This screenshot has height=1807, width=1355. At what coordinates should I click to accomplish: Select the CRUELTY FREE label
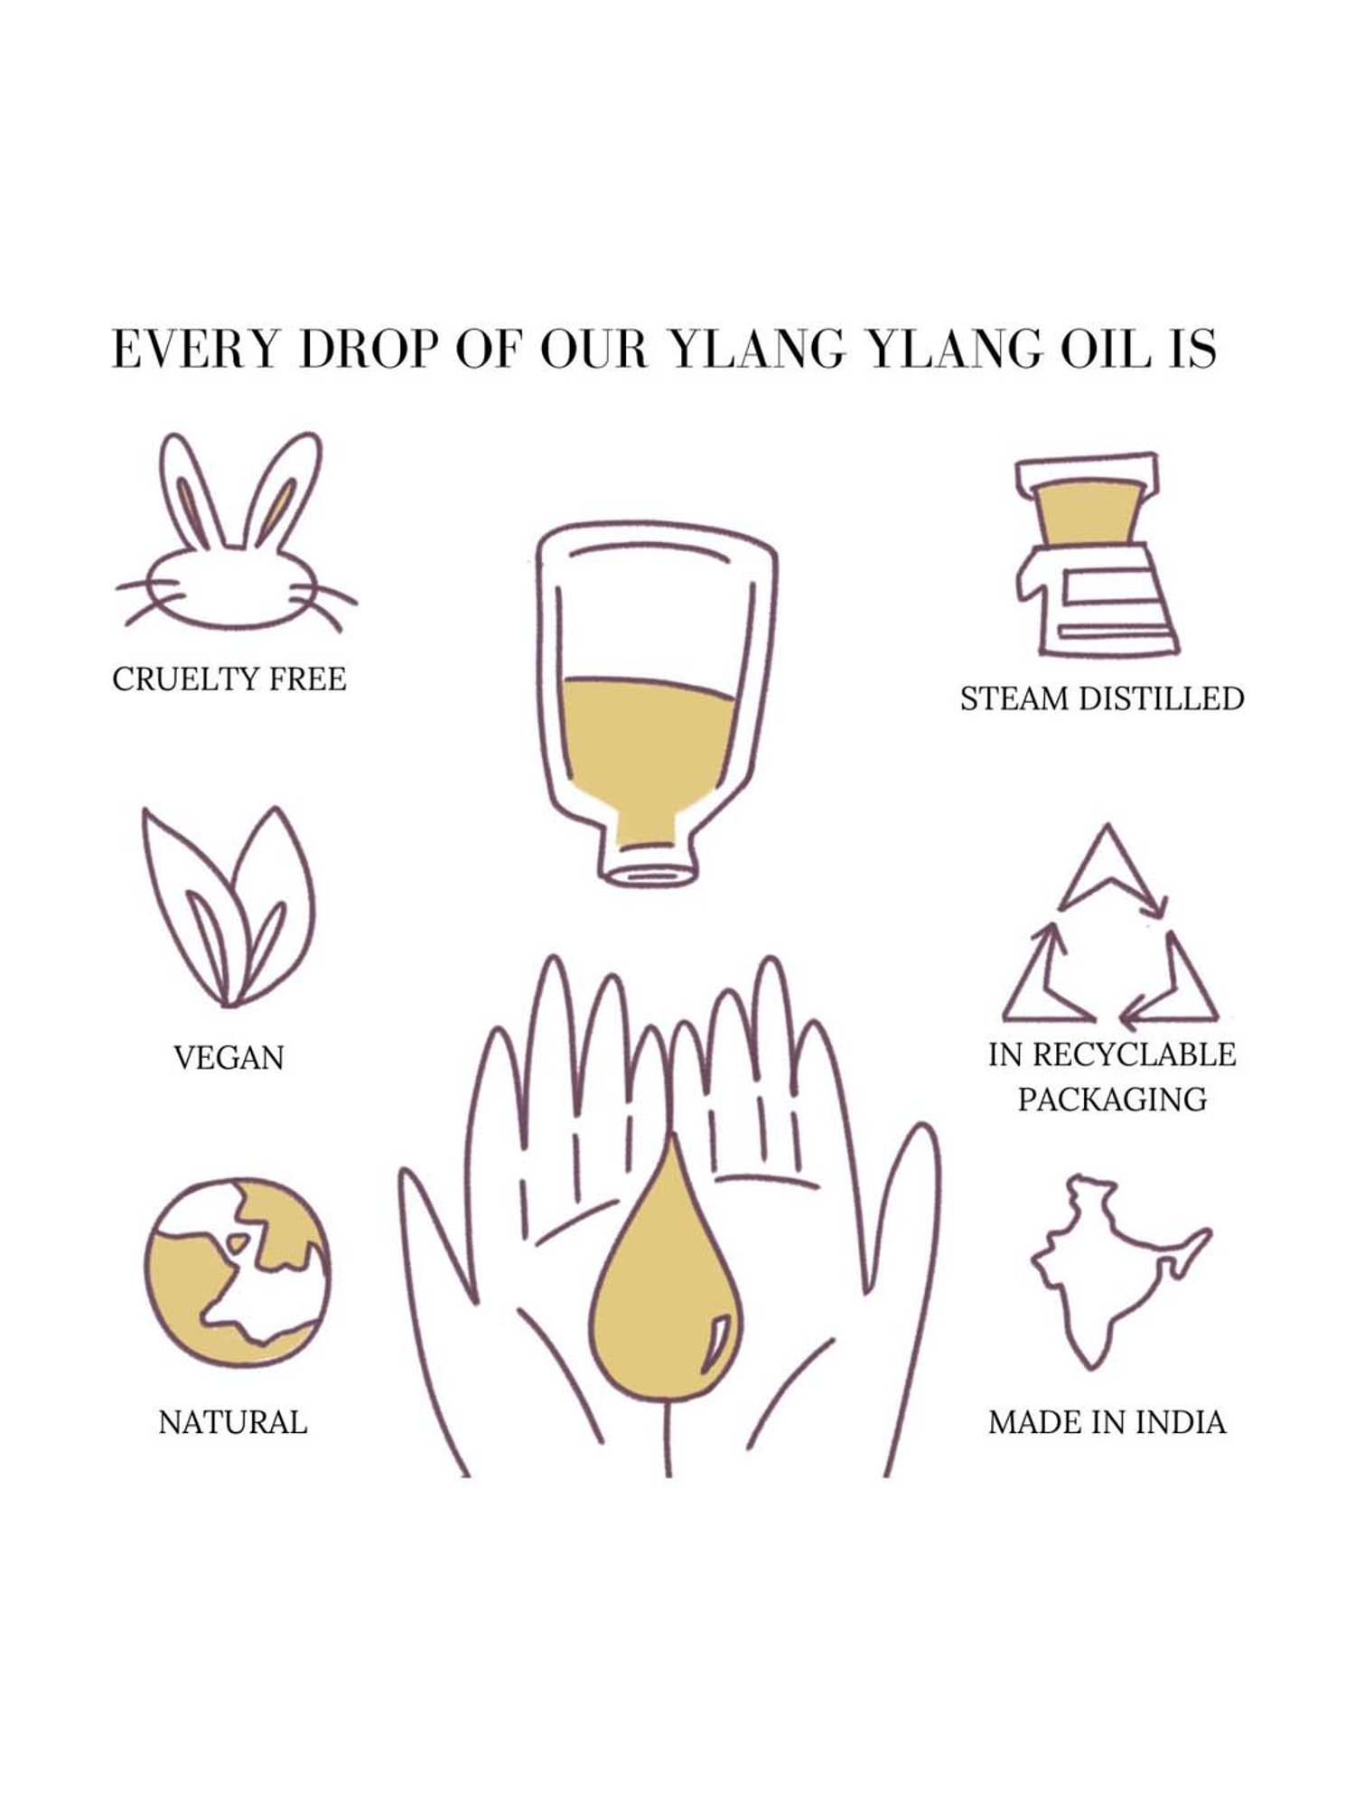click(229, 679)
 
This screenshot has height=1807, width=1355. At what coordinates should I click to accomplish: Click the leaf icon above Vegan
click(229, 906)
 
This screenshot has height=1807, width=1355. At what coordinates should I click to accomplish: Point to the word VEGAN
click(229, 1057)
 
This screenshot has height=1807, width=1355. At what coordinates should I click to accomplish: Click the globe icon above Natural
click(238, 1274)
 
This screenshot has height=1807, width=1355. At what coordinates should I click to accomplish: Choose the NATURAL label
click(233, 1423)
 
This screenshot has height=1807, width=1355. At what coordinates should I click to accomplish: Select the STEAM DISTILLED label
click(1102, 698)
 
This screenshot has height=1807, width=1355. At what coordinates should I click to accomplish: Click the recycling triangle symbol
click(1110, 926)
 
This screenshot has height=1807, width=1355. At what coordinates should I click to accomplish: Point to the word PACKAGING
click(1112, 1100)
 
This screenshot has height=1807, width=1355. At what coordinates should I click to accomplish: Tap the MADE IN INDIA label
click(1107, 1423)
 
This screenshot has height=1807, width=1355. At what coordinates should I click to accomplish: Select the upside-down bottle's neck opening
click(649, 872)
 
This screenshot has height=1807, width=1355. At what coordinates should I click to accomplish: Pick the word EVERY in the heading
click(193, 350)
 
